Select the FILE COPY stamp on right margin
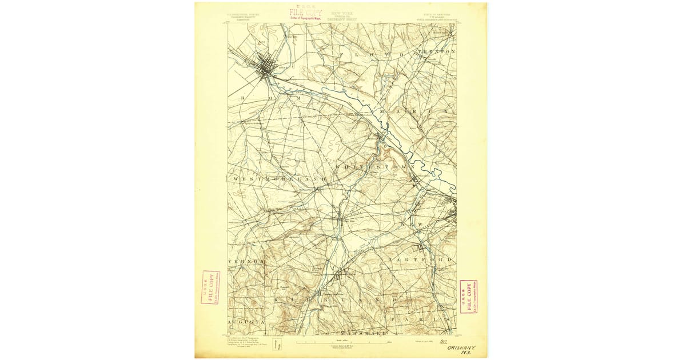click(x=468, y=296)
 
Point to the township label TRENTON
click(x=437, y=52)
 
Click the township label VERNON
click(x=245, y=261)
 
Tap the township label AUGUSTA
click(x=245, y=322)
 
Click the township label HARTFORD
click(x=420, y=260)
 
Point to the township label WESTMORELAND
click(x=280, y=179)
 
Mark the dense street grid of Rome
click(x=264, y=67)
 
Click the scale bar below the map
click(x=342, y=342)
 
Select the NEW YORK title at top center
click(x=342, y=12)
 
